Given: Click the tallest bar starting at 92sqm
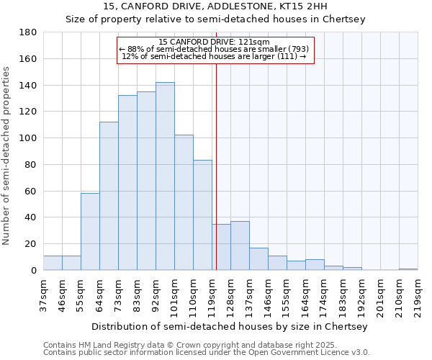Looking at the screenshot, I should pos(165,176).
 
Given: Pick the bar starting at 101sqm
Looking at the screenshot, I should pos(184,202).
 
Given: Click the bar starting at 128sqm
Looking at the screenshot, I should pos(240,246).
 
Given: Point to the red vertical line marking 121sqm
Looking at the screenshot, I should pos(216,166).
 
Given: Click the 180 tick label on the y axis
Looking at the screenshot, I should pos(29,32).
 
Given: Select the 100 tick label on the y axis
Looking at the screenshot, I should pos(29,138).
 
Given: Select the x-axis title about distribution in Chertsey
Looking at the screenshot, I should pos(230,326).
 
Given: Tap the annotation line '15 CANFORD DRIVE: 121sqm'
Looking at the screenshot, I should pos(214,42).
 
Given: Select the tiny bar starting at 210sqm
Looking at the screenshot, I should pos(408,269).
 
